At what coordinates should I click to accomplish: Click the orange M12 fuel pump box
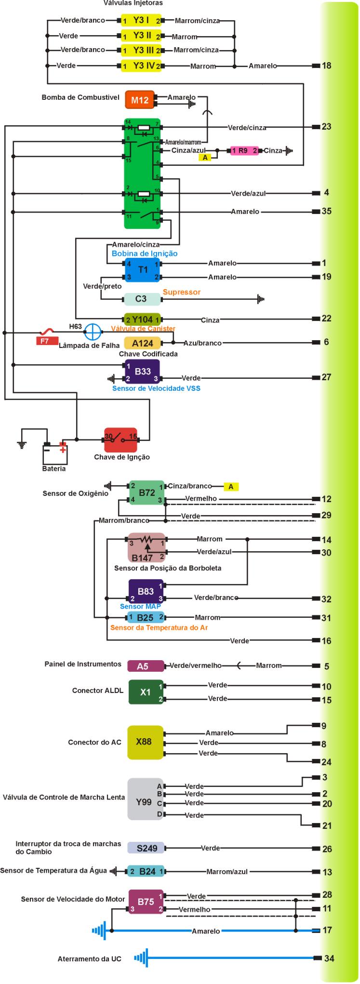(x=140, y=100)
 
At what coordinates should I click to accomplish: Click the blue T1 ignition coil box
(x=143, y=270)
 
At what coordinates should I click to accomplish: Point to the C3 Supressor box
(x=142, y=299)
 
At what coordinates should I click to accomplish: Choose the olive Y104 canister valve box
(x=143, y=319)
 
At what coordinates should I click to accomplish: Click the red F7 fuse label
(x=44, y=341)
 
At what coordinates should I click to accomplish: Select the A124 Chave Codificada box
(x=142, y=343)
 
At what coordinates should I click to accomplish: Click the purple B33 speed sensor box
(x=142, y=372)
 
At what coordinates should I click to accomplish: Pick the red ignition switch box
(x=120, y=439)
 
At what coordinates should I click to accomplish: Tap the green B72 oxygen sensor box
(x=146, y=492)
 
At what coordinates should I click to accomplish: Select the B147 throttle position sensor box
(x=146, y=547)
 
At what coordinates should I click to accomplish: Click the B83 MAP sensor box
(x=146, y=592)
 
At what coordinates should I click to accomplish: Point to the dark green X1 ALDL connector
(x=146, y=692)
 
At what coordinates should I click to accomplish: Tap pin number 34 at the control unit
(x=329, y=958)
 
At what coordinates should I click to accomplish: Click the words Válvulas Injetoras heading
(x=133, y=3)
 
